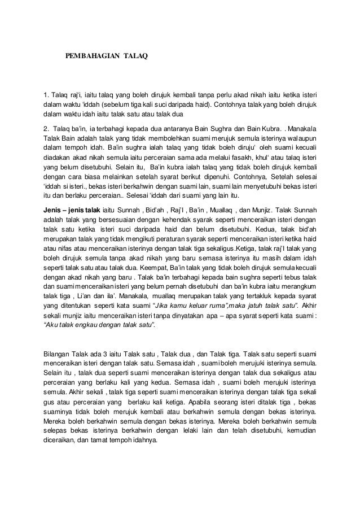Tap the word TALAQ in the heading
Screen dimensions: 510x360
point(133,56)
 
